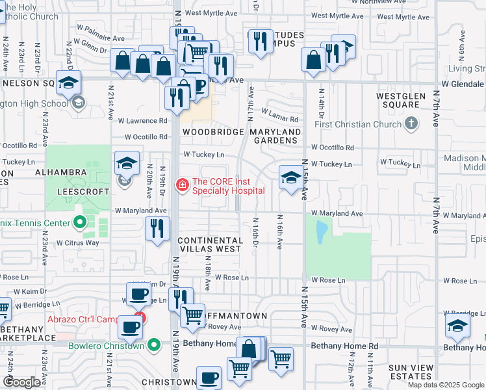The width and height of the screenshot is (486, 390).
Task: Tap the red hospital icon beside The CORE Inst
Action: tap(183, 185)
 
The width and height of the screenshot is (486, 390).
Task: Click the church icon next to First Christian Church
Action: tap(411, 123)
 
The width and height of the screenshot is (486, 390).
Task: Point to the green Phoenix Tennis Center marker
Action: tap(80, 224)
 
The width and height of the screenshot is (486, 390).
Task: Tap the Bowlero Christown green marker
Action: tap(154, 345)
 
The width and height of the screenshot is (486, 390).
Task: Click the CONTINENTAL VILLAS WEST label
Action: tap(211, 244)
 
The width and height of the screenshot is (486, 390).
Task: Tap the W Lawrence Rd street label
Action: tap(142, 120)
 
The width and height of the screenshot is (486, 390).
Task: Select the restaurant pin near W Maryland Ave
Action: tap(157, 229)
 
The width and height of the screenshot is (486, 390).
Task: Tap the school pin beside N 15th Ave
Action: tap(290, 178)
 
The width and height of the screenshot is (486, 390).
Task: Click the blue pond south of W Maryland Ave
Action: tap(321, 231)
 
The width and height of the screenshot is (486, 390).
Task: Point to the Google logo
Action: tap(22, 382)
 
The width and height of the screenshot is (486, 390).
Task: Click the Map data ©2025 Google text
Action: tap(445, 385)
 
